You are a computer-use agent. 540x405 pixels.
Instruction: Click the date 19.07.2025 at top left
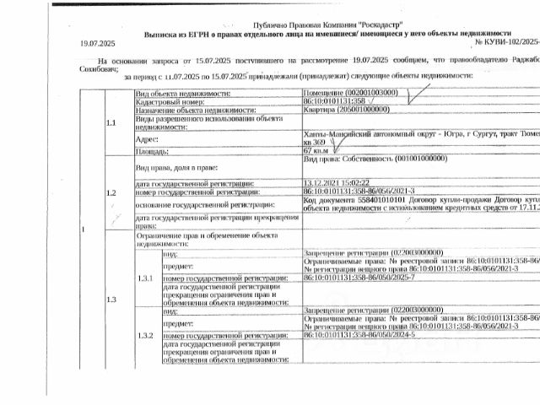(97, 41)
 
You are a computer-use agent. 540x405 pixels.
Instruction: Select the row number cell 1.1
(111, 122)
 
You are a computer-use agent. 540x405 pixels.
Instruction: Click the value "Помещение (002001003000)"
(349, 91)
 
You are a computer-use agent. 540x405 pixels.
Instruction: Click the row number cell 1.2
(111, 193)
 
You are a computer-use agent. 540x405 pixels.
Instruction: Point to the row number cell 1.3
(111, 299)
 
